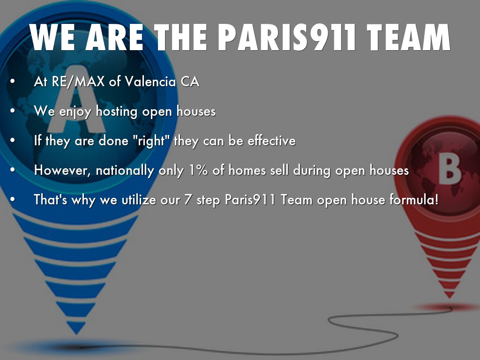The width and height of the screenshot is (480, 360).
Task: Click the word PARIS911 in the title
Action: click(286, 37)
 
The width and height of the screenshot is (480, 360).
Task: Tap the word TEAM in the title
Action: click(408, 37)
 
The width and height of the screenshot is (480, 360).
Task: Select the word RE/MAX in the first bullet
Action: click(78, 82)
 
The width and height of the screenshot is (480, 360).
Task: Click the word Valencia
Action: click(150, 82)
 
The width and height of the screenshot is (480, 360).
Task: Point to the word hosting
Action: click(117, 112)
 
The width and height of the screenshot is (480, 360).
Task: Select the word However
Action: click(62, 171)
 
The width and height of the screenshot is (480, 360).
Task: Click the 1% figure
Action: click(198, 171)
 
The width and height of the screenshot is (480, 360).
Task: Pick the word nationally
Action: click(125, 171)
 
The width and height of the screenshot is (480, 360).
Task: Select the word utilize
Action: click(139, 200)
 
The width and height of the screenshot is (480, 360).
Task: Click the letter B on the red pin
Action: click(450, 169)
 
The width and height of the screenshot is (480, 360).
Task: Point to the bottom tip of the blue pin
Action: click(76, 334)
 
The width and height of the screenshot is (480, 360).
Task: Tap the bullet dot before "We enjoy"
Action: click(12, 111)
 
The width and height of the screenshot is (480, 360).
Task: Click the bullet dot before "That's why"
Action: click(12, 200)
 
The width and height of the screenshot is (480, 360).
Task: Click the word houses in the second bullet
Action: click(196, 112)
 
